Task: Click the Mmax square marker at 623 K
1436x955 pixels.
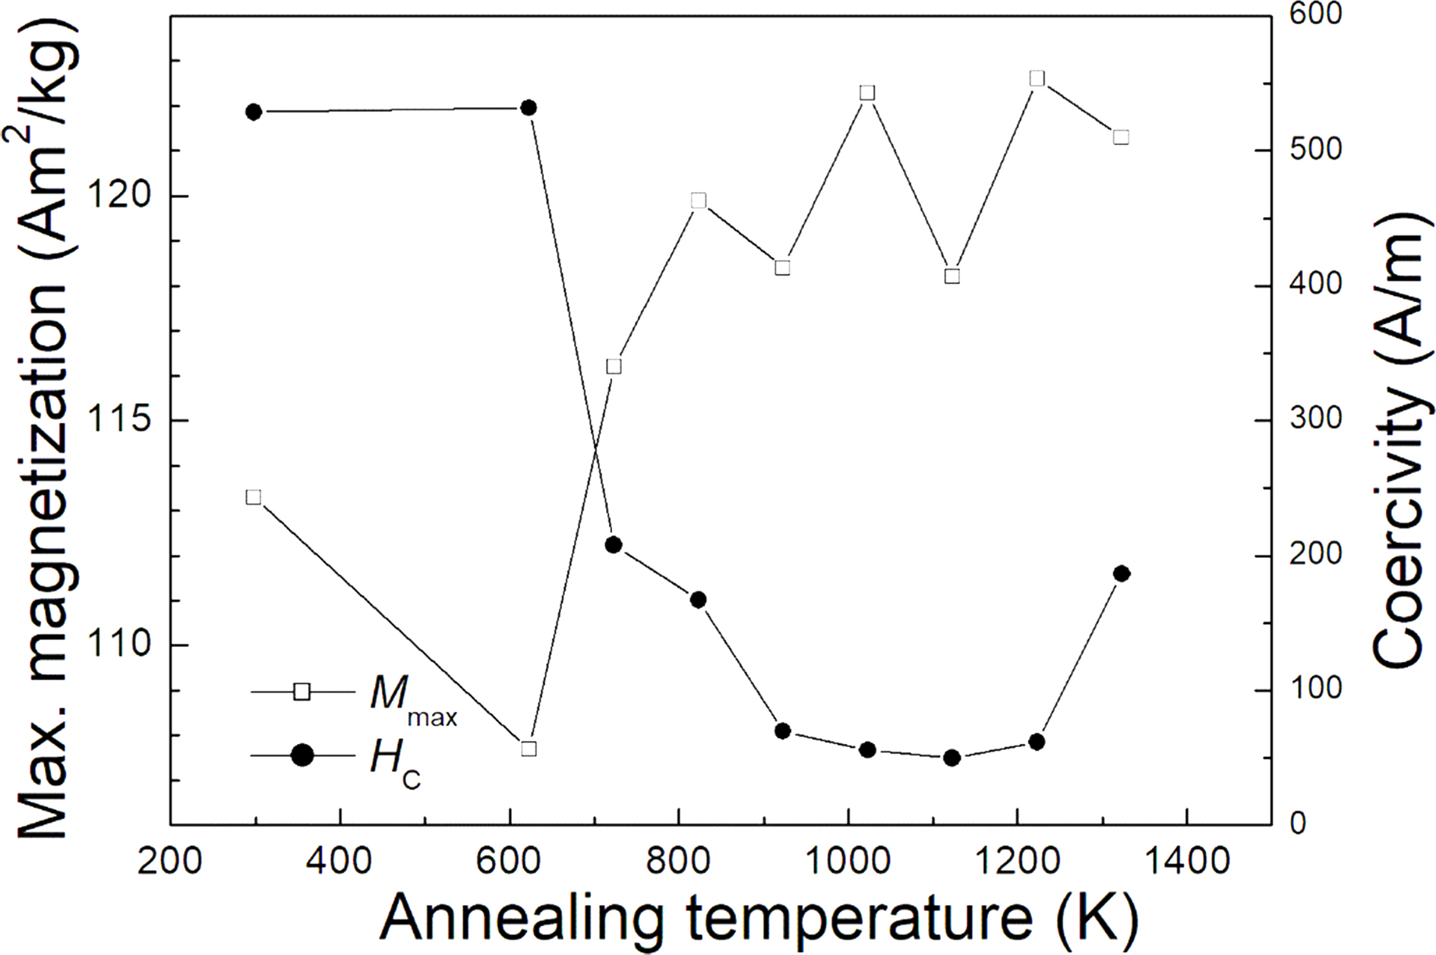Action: [529, 749]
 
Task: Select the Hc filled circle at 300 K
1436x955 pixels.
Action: [254, 112]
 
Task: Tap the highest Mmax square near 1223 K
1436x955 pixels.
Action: [1037, 79]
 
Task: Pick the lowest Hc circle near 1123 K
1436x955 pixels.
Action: [952, 758]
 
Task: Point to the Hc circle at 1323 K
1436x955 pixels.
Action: [1122, 574]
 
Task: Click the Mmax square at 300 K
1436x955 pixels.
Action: [254, 497]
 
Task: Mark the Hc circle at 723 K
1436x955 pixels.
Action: [614, 545]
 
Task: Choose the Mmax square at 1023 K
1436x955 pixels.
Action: [868, 93]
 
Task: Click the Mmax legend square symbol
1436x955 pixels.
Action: [302, 692]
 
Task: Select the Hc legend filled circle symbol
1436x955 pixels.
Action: [302, 756]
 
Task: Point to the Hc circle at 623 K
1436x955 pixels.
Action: [529, 109]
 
